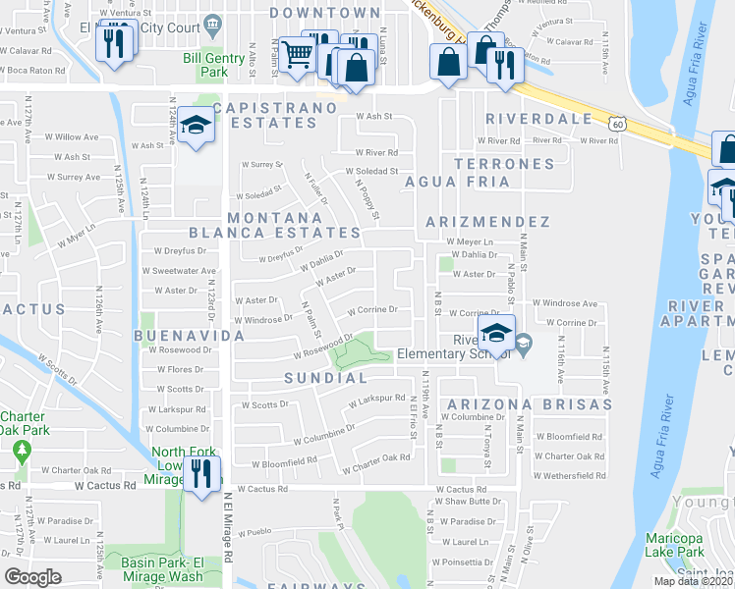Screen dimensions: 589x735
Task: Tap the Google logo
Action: (x=32, y=577)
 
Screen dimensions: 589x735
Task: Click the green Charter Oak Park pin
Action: (x=22, y=451)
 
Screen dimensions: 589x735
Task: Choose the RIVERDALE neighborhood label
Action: (x=539, y=119)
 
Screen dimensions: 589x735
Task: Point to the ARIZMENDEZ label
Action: (x=487, y=222)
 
